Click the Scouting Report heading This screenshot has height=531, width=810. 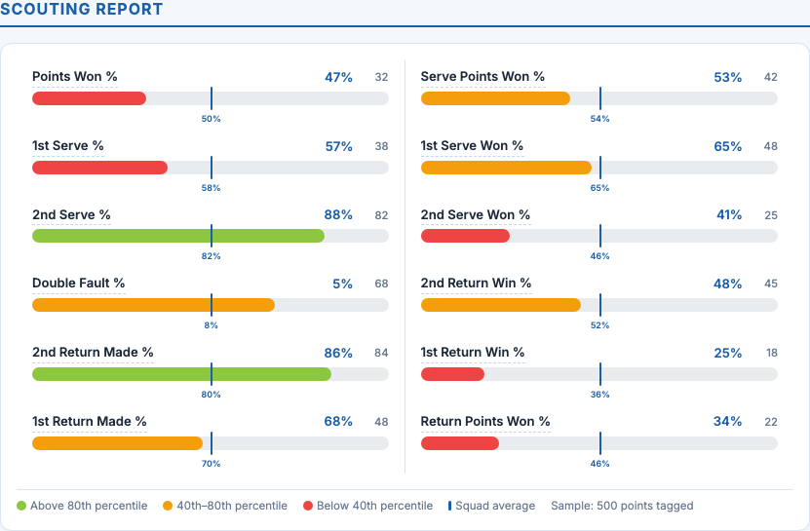[x=82, y=10]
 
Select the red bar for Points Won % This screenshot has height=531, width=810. [x=89, y=98]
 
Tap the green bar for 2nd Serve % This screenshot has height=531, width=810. [x=178, y=236]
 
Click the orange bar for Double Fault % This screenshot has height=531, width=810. [x=153, y=305]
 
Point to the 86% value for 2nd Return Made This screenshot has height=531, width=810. [x=338, y=353]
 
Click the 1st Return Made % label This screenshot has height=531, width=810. [x=90, y=422]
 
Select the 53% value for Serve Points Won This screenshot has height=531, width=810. [x=728, y=77]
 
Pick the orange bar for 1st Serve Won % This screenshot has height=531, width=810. [x=506, y=168]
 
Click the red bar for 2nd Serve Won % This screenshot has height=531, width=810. [x=465, y=236]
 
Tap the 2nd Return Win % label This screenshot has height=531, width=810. [x=476, y=284]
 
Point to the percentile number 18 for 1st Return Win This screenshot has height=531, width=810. [x=771, y=353]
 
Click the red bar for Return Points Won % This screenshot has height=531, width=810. [x=460, y=443]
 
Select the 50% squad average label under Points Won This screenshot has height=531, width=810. [x=211, y=119]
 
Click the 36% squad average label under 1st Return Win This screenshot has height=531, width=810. [x=599, y=395]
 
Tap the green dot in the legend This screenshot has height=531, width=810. [x=22, y=506]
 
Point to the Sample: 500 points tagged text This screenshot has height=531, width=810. [x=622, y=506]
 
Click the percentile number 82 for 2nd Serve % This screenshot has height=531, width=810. [x=381, y=215]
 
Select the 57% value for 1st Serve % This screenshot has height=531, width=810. [x=338, y=146]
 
